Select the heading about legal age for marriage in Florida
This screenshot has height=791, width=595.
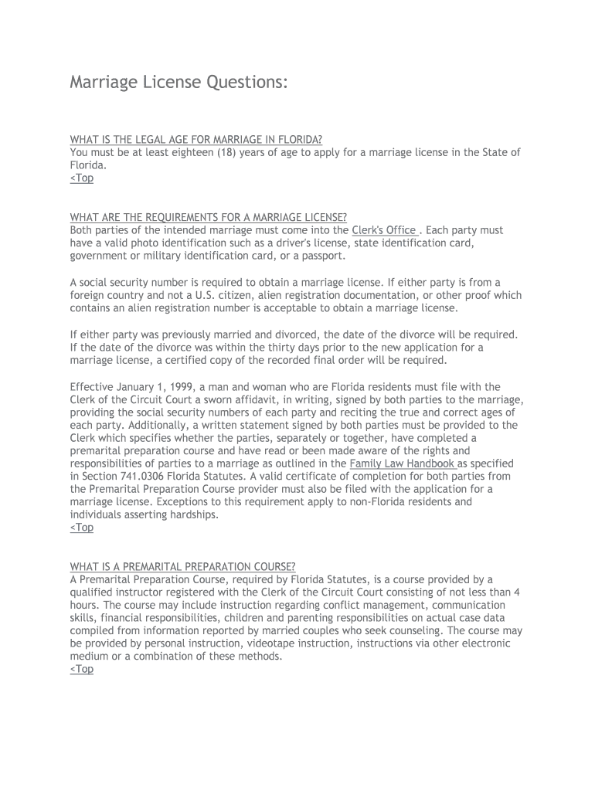coord(195,140)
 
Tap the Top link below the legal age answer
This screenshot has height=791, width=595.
coord(81,178)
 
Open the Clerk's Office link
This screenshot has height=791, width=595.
coord(385,230)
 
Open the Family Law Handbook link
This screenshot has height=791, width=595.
coord(402,463)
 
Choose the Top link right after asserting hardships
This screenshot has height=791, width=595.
coord(81,528)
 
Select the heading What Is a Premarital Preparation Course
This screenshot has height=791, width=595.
coord(182,566)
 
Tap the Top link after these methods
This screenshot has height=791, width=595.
coord(81,670)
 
